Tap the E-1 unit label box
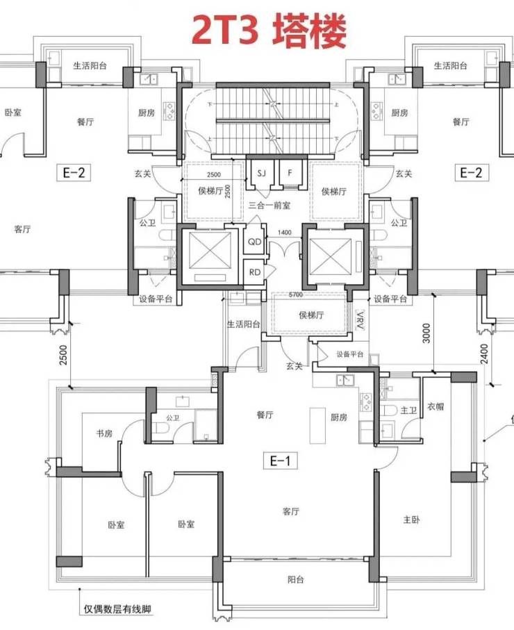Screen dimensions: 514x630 pyautogui.click(x=281, y=461)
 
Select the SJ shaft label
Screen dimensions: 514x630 pyautogui.click(x=261, y=174)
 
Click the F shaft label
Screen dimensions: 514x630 pyautogui.click(x=290, y=173)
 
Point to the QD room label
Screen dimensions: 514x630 pyautogui.click(x=255, y=242)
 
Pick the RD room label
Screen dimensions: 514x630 pyautogui.click(x=255, y=272)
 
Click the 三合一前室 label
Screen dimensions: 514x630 pyautogui.click(x=269, y=206)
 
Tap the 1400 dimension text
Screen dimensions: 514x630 pyautogui.click(x=285, y=232)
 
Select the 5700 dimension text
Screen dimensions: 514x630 pyautogui.click(x=296, y=295)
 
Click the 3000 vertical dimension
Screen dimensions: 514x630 pyautogui.click(x=426, y=333)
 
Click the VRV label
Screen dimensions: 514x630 pyautogui.click(x=360, y=320)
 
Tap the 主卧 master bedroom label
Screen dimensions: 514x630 pyautogui.click(x=411, y=520)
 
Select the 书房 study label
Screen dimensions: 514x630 pyautogui.click(x=104, y=433)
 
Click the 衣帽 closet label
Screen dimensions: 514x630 pyautogui.click(x=436, y=406)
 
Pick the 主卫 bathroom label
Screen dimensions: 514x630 pyautogui.click(x=408, y=411)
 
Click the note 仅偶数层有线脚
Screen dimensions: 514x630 pyautogui.click(x=117, y=609)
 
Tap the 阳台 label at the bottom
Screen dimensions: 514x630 pyautogui.click(x=296, y=579)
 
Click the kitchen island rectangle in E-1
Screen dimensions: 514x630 pyautogui.click(x=317, y=426)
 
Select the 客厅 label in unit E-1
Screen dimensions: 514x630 pyautogui.click(x=290, y=511)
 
